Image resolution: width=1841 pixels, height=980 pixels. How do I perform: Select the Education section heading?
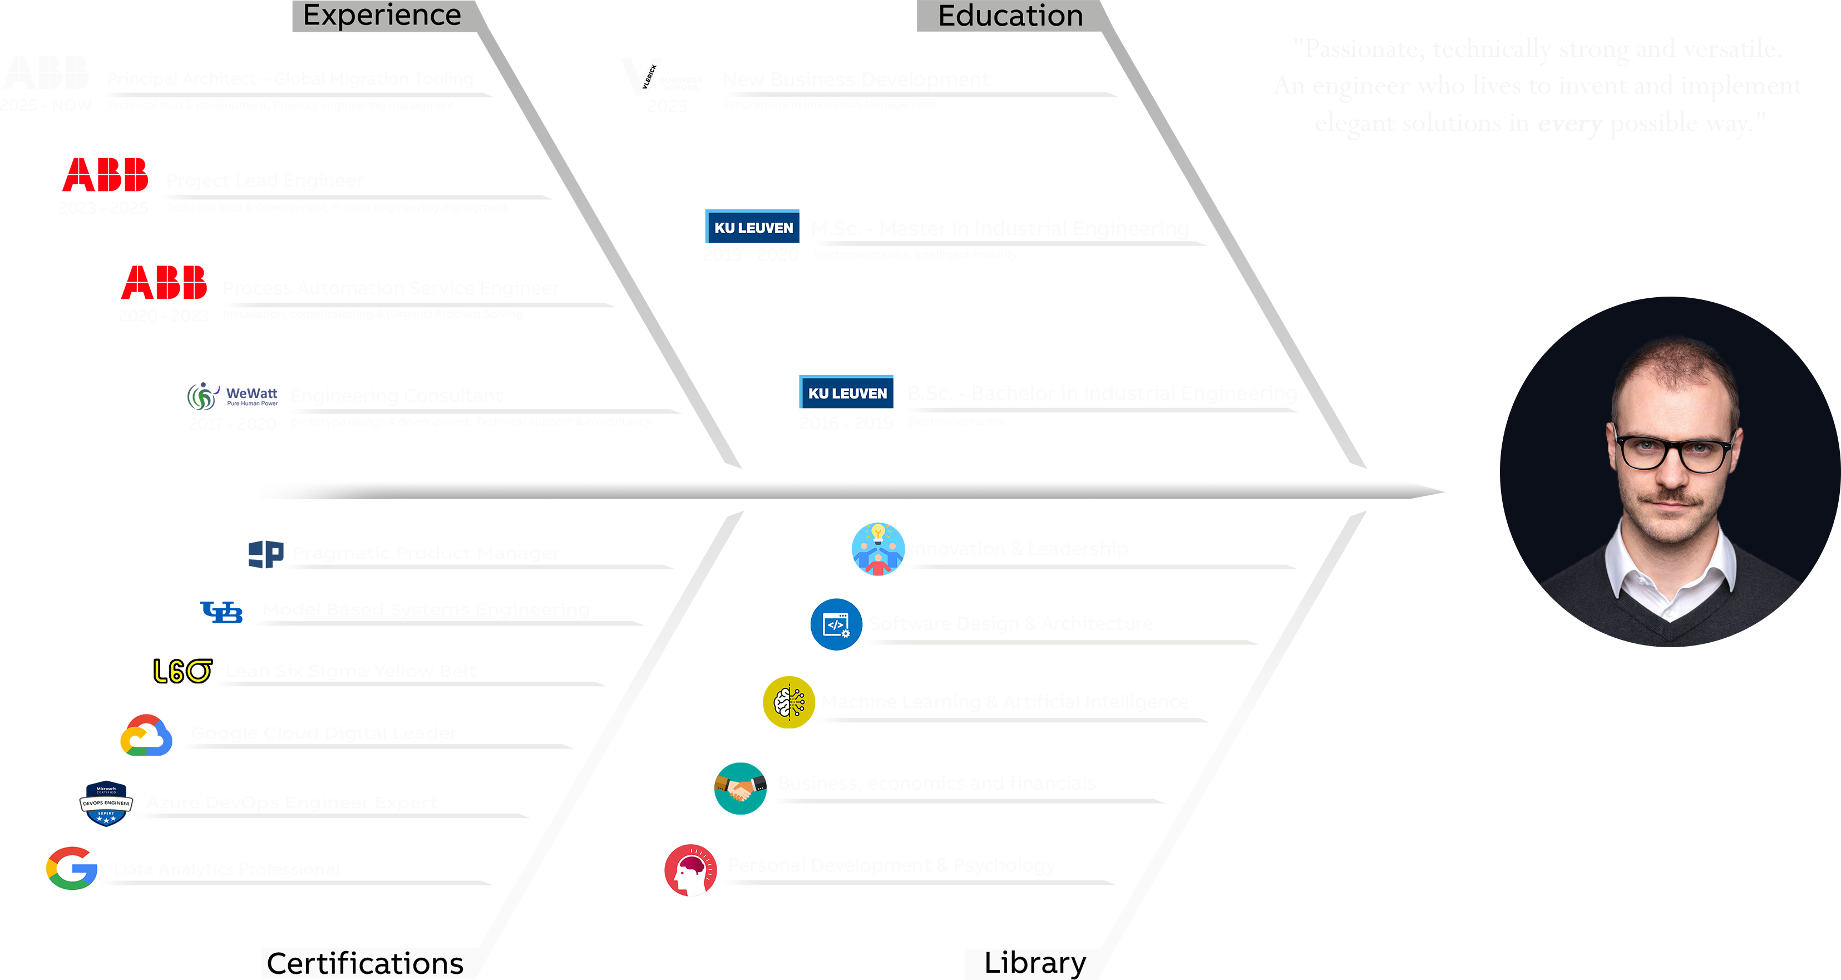(x=1010, y=16)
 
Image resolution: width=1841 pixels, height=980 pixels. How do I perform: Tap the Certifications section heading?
(x=364, y=963)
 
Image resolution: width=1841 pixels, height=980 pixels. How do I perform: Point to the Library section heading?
(x=1034, y=962)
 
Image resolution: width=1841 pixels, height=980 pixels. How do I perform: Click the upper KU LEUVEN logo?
(x=753, y=227)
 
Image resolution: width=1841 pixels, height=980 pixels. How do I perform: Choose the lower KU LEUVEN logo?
(x=847, y=393)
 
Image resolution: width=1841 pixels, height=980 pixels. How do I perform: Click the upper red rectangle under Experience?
(x=106, y=174)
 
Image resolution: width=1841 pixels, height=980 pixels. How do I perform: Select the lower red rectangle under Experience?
(x=163, y=282)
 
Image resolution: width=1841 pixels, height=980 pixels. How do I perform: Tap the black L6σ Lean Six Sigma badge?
(x=181, y=671)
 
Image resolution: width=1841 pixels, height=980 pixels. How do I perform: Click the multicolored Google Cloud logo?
(x=146, y=736)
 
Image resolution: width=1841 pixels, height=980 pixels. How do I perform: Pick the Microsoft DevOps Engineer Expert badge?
(x=106, y=802)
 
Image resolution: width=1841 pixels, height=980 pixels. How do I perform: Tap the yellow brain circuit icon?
(x=788, y=702)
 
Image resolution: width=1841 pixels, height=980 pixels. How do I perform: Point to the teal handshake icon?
(x=740, y=789)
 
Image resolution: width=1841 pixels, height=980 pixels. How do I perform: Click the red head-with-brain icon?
(x=690, y=870)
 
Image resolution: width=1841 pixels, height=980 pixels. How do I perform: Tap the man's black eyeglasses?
(x=1672, y=453)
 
